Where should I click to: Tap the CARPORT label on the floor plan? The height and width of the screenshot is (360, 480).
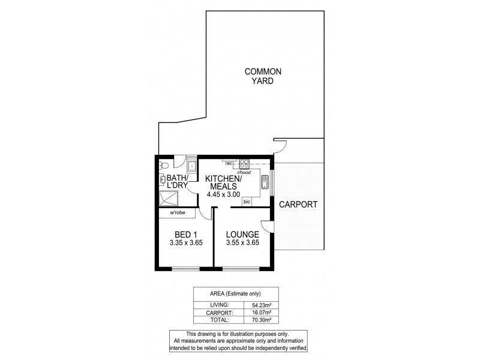click(298, 205)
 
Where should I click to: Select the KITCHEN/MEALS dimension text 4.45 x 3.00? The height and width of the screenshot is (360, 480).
click(223, 194)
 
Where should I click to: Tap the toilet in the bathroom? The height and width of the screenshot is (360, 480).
click(164, 163)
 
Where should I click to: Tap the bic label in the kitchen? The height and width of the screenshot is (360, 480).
click(246, 203)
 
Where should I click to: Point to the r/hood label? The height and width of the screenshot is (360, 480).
click(244, 172)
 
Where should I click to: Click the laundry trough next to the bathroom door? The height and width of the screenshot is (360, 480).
click(192, 165)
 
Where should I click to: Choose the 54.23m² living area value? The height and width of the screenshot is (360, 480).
click(275, 305)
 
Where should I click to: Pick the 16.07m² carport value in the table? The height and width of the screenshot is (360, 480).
click(275, 313)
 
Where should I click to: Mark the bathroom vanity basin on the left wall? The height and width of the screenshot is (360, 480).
click(163, 179)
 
